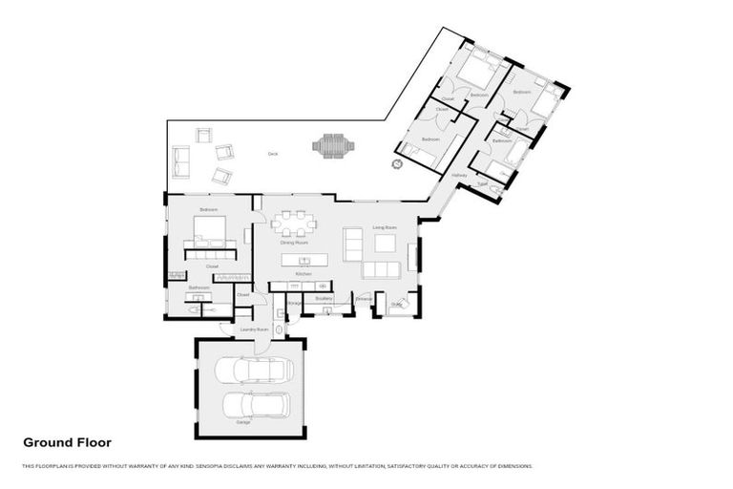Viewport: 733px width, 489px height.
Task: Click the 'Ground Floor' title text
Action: coord(67,442)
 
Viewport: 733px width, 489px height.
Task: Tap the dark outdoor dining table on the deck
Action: coord(333,146)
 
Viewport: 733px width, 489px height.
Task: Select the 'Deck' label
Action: coord(272,154)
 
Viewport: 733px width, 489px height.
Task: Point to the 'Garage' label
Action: coord(243,422)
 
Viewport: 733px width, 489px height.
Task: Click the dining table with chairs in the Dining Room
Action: coord(293,223)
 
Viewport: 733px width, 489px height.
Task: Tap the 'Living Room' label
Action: coord(385,227)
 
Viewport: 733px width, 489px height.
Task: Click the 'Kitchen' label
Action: coord(304,274)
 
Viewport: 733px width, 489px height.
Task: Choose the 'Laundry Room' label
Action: coord(251,330)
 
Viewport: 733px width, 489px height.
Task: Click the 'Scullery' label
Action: coord(323,298)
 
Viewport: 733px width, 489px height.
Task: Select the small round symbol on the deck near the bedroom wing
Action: coord(397,164)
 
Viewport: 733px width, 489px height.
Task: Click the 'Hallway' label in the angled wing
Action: coord(458,176)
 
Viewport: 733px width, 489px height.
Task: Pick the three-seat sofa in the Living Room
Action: coord(381,269)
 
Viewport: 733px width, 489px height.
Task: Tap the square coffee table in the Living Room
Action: coord(385,243)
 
